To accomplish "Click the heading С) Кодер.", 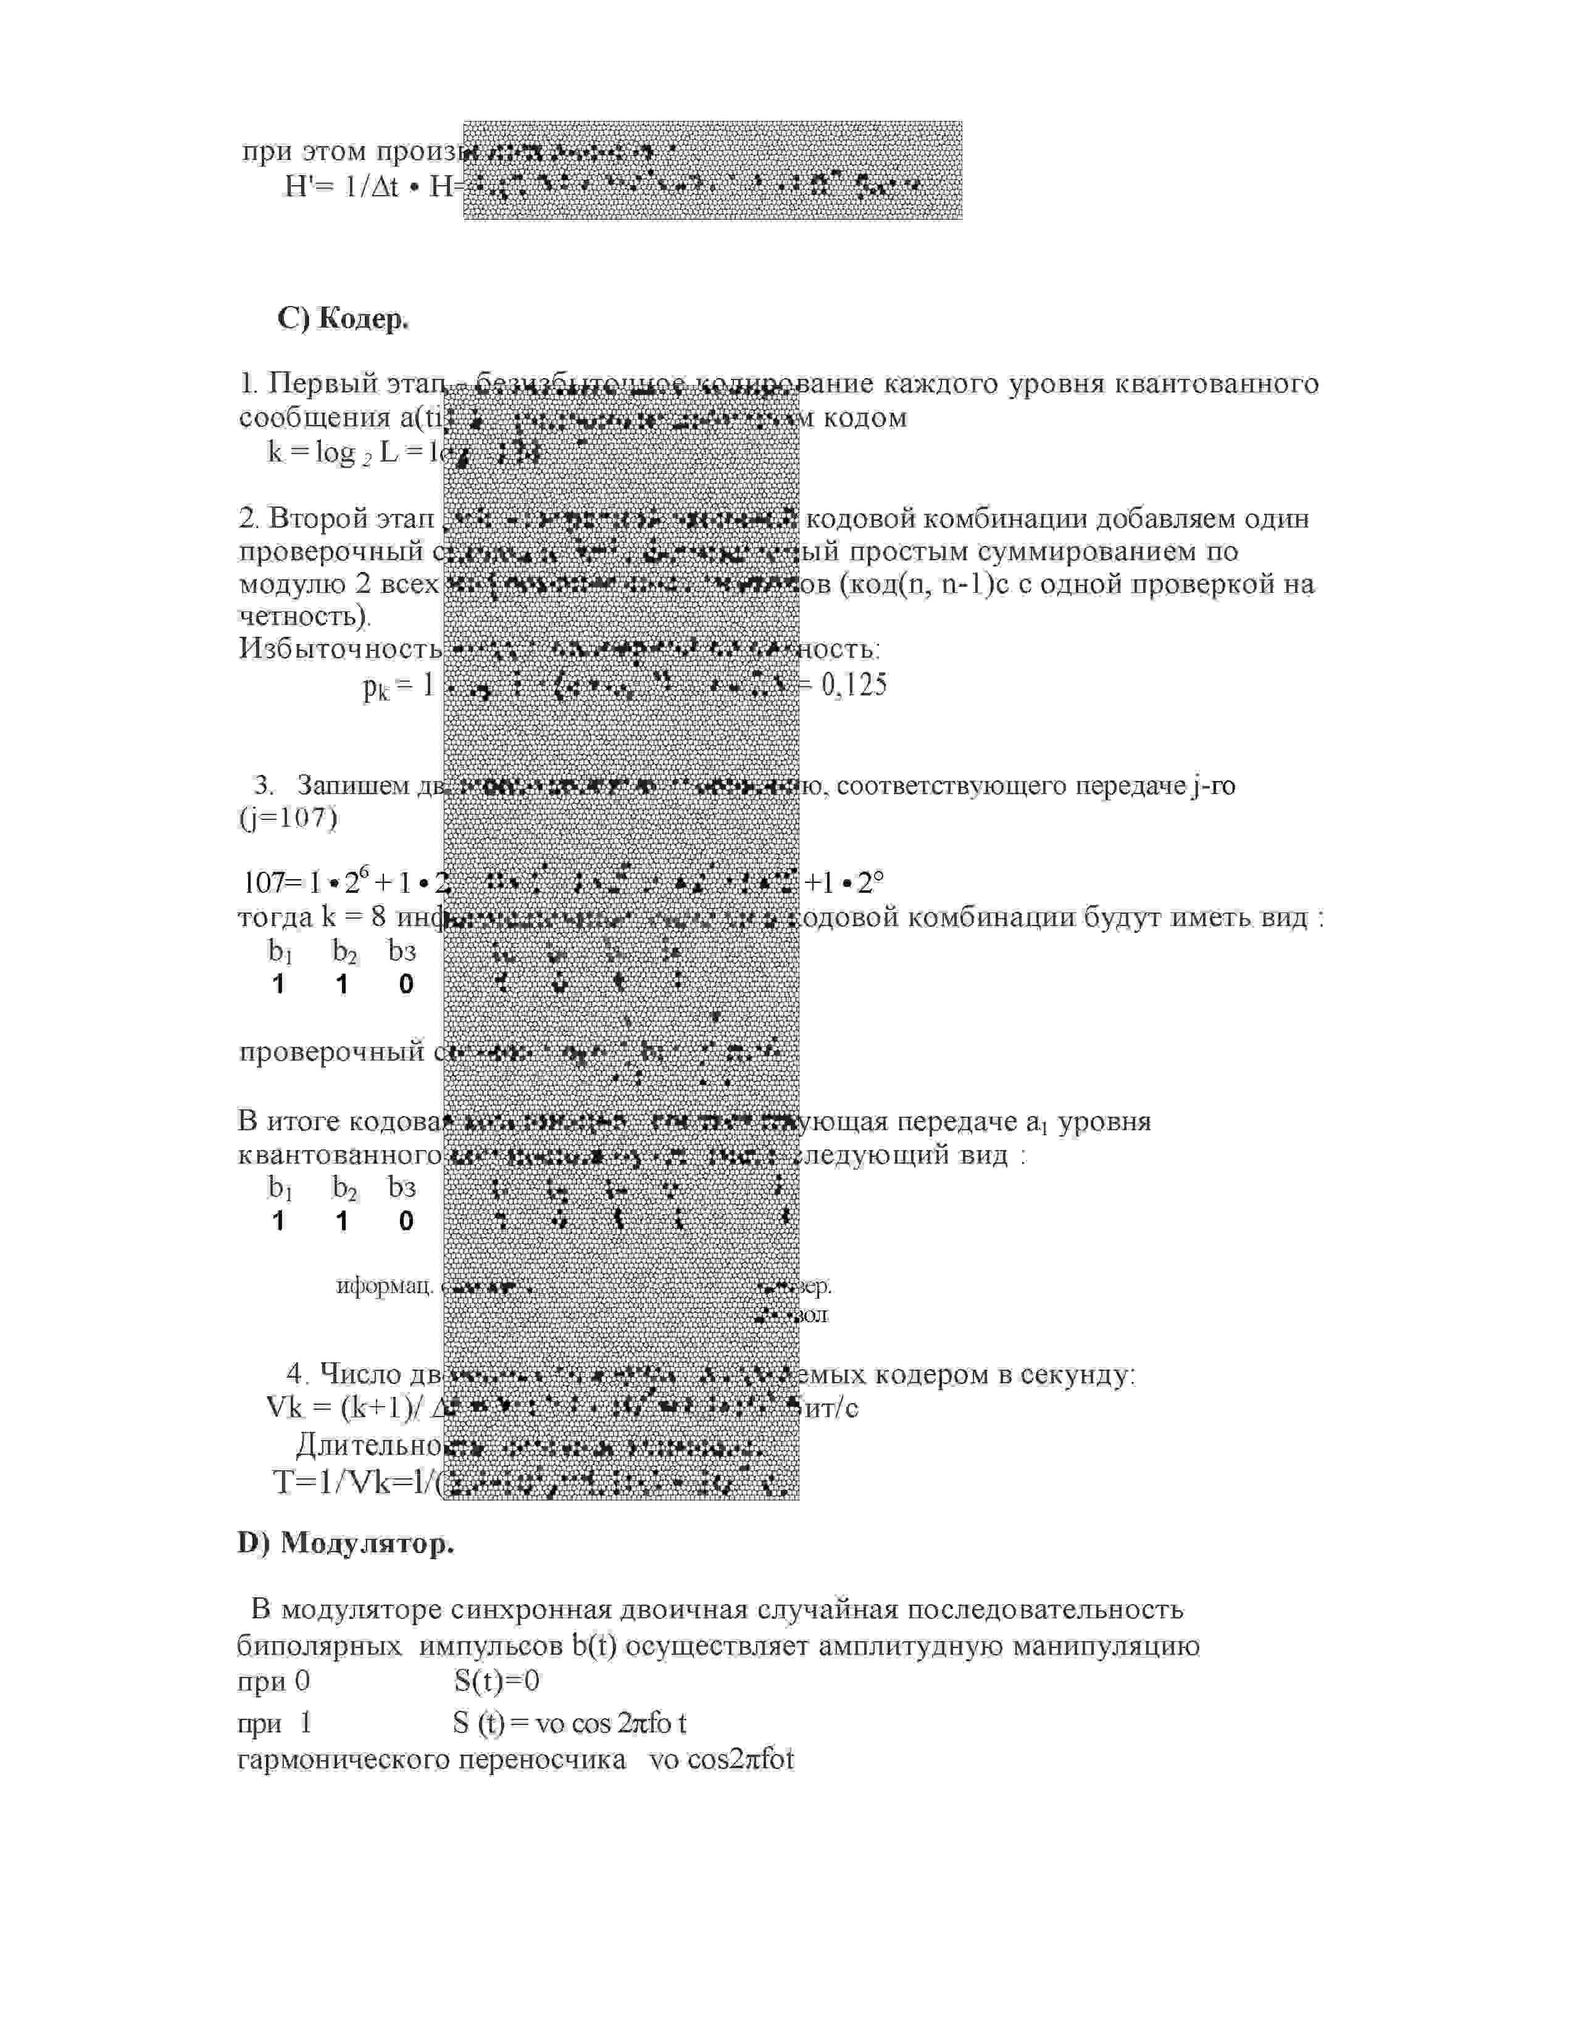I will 343,319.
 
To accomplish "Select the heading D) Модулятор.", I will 346,1543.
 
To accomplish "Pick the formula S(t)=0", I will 497,1681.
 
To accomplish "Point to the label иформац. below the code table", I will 383,1286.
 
